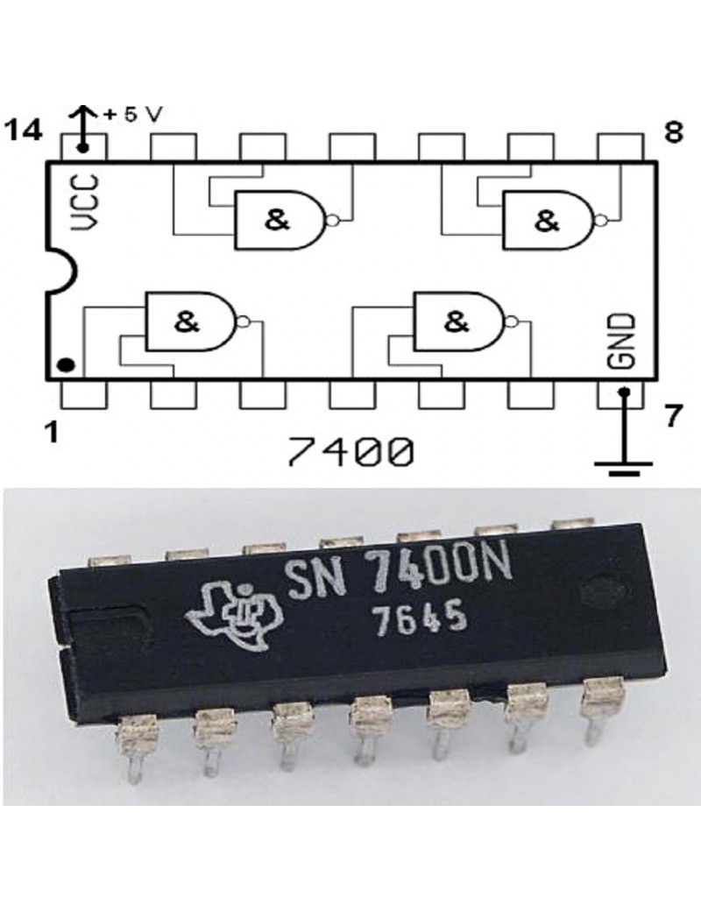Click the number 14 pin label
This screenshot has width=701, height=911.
(24, 131)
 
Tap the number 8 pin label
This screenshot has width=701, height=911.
(674, 133)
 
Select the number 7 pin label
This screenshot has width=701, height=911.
(673, 417)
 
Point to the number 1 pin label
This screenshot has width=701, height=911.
(53, 432)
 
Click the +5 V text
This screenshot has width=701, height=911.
(132, 115)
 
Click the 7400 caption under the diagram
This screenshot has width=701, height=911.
(351, 452)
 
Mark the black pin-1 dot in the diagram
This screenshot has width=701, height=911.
(67, 365)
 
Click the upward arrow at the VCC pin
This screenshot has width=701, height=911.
(82, 127)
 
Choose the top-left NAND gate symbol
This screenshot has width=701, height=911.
(286, 220)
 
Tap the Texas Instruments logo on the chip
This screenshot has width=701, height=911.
(233, 615)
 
